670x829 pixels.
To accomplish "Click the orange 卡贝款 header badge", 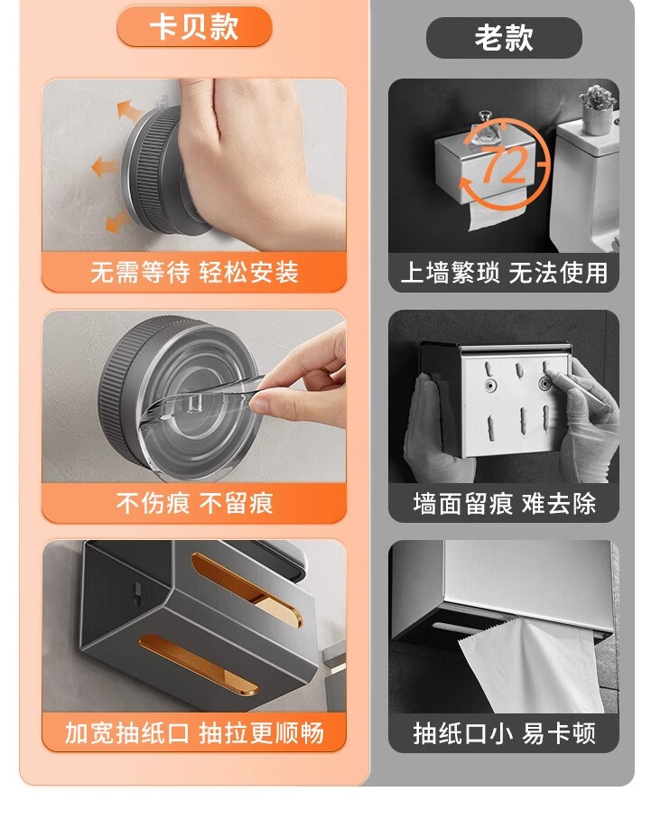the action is tap(194, 26).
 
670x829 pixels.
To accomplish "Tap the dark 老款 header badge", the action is tap(504, 38).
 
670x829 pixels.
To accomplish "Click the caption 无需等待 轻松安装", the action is tap(194, 273).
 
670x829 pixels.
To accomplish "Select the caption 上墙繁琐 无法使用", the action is tap(504, 273).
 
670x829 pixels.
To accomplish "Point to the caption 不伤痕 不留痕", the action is tap(194, 503).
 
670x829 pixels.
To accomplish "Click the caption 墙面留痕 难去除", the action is tap(504, 503).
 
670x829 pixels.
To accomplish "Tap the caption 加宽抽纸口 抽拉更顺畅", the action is tap(194, 733).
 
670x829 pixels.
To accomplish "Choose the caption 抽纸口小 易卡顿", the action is tap(504, 733).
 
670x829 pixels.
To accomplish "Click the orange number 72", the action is tap(505, 165).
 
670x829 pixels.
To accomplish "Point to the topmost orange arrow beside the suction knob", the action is tap(129, 110).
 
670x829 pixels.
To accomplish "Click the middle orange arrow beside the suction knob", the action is tap(105, 167).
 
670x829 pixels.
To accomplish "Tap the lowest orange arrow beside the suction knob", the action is tap(116, 222).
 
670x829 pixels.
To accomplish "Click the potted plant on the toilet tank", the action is tap(598, 109).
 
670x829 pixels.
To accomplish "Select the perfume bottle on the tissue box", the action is tap(484, 128).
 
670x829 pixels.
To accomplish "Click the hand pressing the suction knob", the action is tap(259, 159).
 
